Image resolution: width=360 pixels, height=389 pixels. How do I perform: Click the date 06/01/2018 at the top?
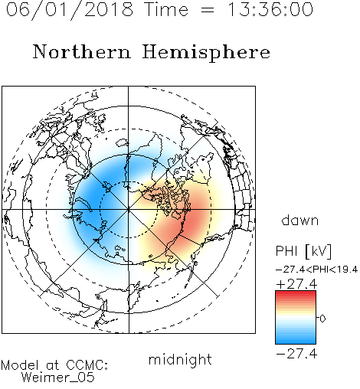(70, 10)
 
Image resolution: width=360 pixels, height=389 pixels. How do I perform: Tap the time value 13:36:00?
(270, 9)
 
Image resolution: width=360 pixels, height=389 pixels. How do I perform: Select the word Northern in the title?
(82, 51)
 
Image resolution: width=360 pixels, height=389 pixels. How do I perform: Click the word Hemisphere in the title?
(206, 53)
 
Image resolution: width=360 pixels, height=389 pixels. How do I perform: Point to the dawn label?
(300, 220)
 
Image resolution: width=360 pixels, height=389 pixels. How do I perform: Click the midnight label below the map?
(180, 360)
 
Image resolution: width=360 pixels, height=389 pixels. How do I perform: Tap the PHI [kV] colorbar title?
(303, 251)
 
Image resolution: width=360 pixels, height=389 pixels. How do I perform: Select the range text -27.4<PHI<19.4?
(316, 270)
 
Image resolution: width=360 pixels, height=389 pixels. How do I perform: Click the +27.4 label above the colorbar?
(296, 284)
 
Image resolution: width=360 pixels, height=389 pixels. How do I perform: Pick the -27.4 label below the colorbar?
(296, 354)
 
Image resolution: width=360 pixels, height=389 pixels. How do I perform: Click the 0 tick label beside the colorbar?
(322, 319)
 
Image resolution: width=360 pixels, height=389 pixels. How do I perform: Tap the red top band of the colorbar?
(296, 293)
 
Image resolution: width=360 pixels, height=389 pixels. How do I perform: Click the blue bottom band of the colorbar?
(296, 341)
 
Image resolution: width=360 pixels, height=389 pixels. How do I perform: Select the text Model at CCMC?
(54, 365)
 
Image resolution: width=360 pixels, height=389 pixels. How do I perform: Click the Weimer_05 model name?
(58, 378)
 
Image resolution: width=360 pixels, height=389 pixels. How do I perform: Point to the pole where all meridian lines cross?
(129, 210)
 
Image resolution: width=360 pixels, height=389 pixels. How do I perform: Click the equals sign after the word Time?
(208, 10)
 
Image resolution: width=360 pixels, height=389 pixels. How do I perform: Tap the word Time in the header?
(166, 9)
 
